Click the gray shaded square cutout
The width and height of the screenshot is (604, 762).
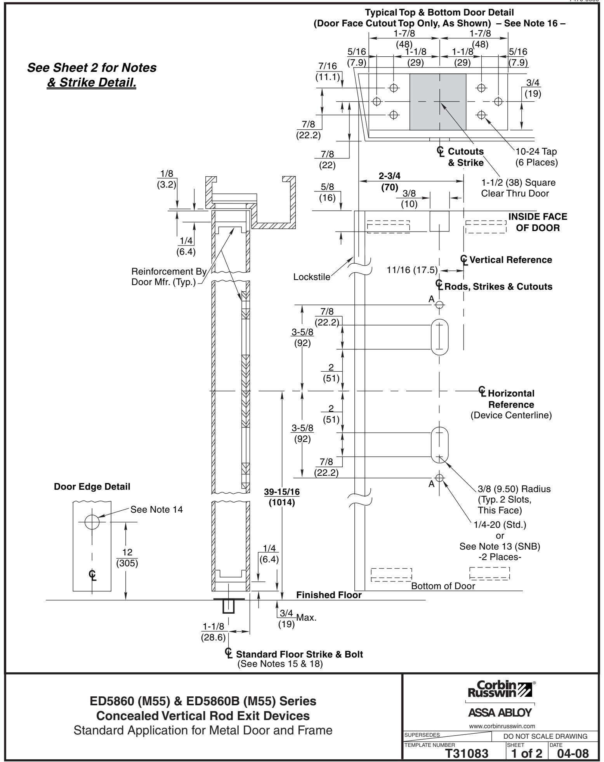(438, 102)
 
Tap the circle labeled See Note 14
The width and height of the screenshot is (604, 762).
(92, 522)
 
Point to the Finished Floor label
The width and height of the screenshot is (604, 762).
(329, 595)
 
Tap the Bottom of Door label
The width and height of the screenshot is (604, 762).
(443, 586)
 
